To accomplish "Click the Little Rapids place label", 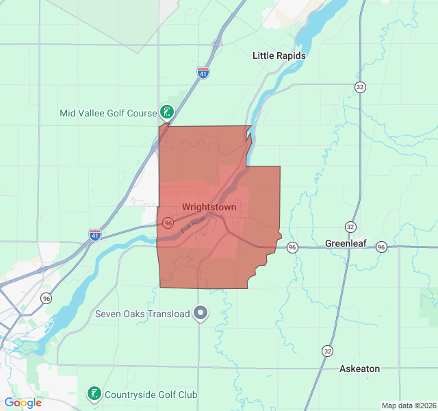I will (279, 55).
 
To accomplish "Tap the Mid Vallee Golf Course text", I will (107, 112).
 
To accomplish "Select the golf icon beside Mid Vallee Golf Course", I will (166, 112).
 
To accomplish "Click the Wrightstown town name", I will (209, 207).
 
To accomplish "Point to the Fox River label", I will (194, 224).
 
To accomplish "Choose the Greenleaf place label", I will (346, 243).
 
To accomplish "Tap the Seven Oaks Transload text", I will (141, 314).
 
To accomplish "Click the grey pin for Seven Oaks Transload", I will (201, 313).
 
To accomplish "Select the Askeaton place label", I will (359, 369).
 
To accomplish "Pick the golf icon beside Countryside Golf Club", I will (93, 394).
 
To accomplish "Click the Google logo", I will (23, 403).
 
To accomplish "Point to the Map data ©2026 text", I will (408, 406).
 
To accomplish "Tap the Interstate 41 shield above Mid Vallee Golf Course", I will (203, 73).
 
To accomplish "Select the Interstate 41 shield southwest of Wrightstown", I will (95, 235).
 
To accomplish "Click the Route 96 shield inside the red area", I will (168, 223).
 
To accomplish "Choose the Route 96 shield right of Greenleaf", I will (381, 247).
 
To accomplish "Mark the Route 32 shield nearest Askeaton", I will (328, 351).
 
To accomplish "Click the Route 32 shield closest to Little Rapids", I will (359, 87).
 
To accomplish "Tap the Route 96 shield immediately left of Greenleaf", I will (292, 247).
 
